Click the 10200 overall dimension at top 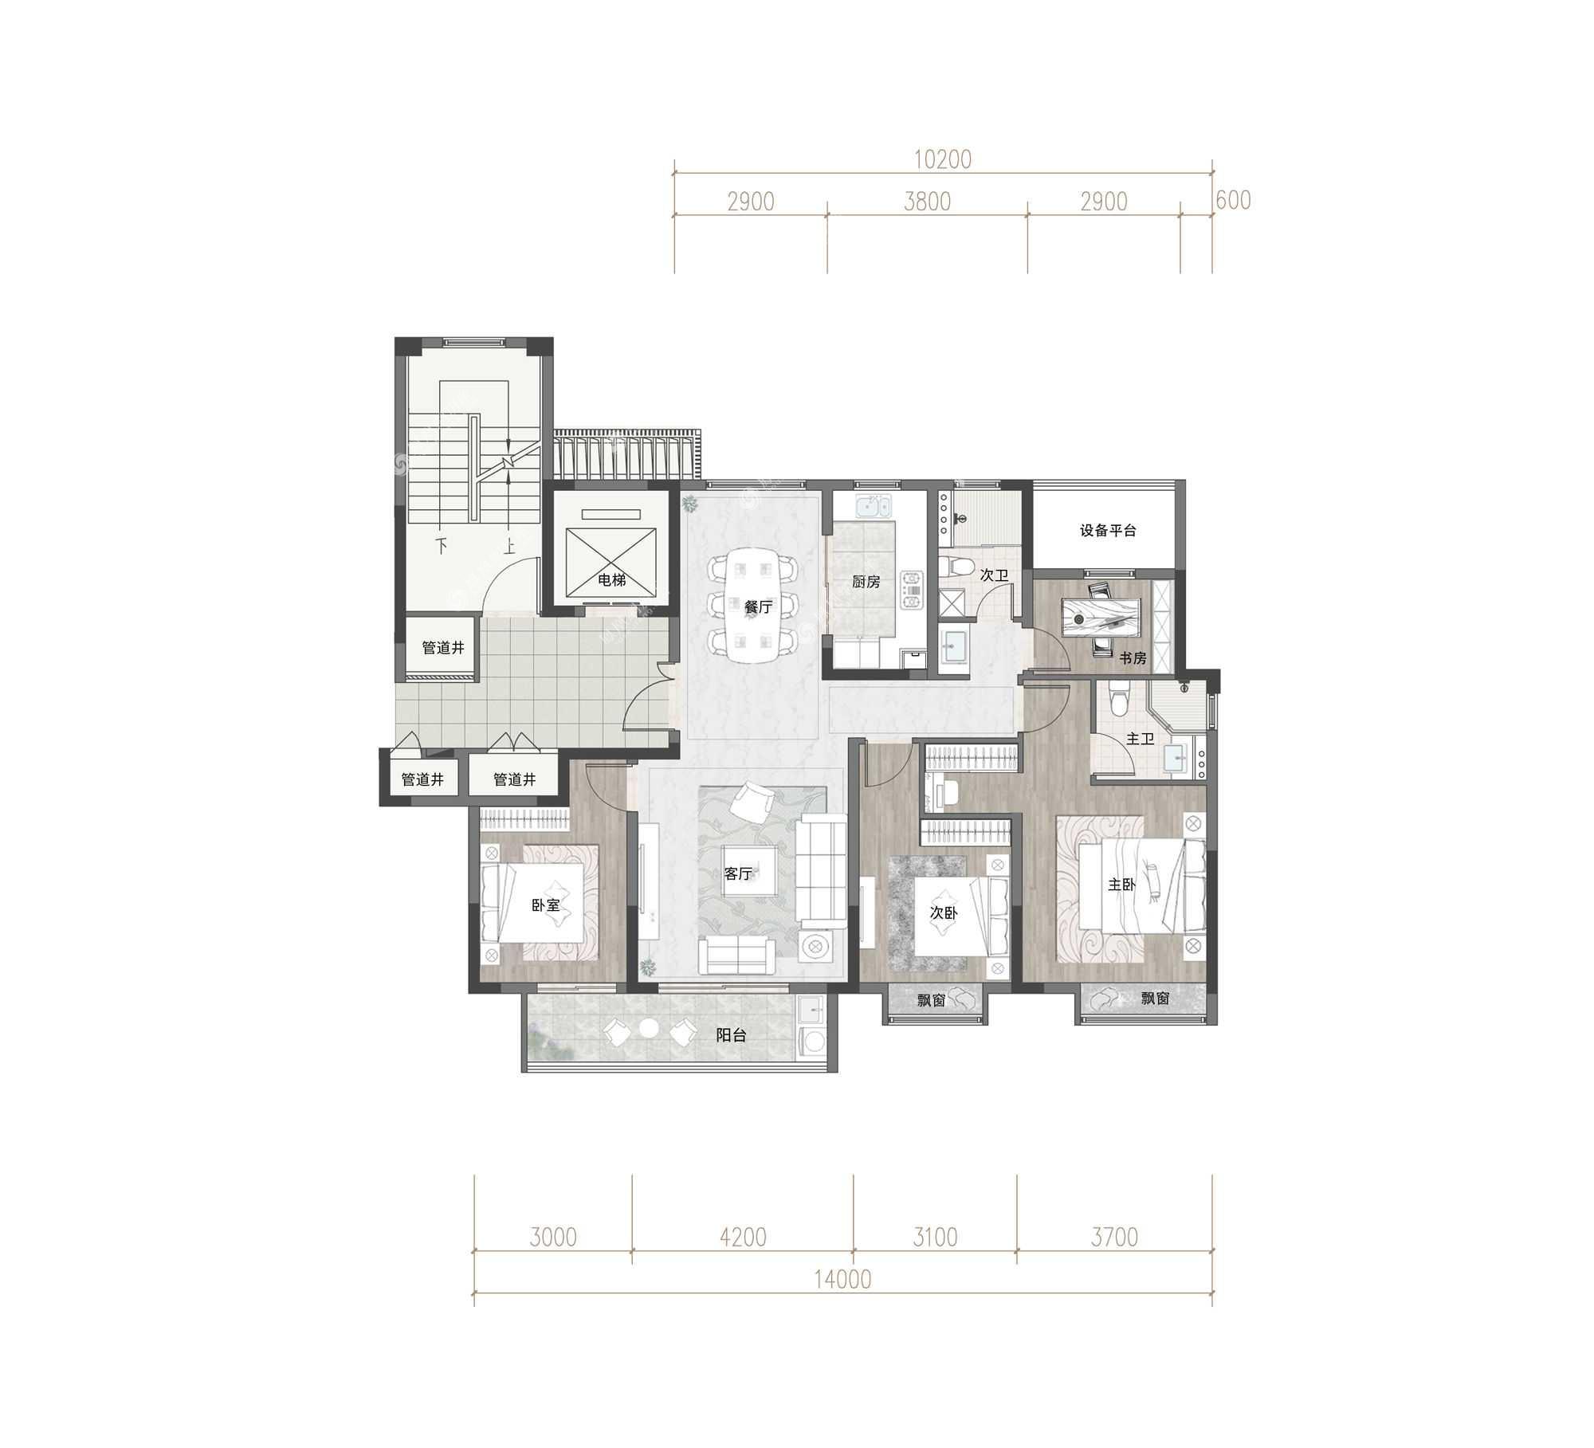click(x=942, y=159)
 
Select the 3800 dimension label click(x=927, y=202)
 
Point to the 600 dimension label click(x=1233, y=200)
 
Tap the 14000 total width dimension click(x=842, y=1279)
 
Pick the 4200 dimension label click(x=742, y=1237)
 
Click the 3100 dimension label click(x=934, y=1237)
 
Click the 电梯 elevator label click(x=611, y=580)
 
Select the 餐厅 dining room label click(x=758, y=607)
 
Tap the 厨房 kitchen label click(x=866, y=582)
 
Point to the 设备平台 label click(x=1108, y=531)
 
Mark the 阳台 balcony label click(x=731, y=1036)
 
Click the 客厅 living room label click(x=738, y=873)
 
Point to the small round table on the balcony click(x=650, y=1030)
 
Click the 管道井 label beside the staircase click(x=442, y=648)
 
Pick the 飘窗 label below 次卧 click(x=930, y=999)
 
